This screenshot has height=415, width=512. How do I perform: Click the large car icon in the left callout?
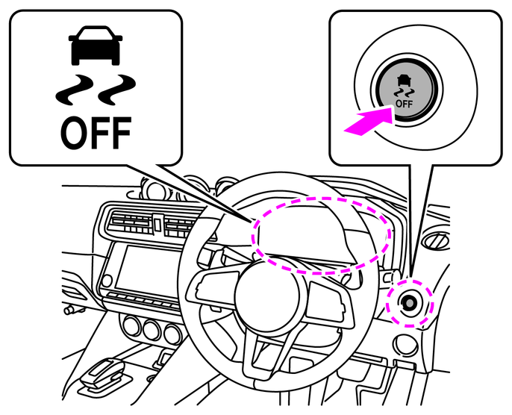click(x=96, y=46)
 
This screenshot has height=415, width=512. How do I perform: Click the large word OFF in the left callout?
click(x=96, y=133)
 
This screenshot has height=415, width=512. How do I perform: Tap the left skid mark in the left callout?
click(x=73, y=90)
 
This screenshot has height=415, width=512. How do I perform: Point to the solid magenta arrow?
click(x=369, y=120)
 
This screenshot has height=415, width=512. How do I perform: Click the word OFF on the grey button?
click(x=404, y=104)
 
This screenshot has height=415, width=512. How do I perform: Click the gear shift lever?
click(x=102, y=372)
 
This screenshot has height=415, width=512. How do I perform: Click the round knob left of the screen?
click(x=107, y=281)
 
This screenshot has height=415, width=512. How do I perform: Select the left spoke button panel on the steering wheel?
click(x=214, y=287)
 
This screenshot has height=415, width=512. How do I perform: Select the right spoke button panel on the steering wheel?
click(x=331, y=305)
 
